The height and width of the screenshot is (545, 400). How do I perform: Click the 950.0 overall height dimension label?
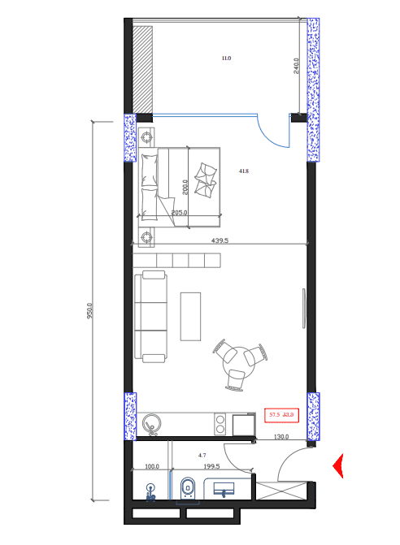click(90, 310)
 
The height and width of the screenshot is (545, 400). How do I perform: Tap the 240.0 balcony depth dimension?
click(297, 66)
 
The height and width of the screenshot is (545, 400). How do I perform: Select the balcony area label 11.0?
click(226, 58)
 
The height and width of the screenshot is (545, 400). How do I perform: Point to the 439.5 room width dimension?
click(220, 240)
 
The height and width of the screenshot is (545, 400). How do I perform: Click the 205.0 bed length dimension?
click(180, 213)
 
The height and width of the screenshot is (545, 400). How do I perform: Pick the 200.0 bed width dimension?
click(185, 187)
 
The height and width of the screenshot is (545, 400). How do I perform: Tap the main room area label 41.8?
click(243, 171)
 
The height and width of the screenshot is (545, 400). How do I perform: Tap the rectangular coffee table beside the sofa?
click(190, 316)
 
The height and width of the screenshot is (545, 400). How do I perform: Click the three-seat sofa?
click(151, 317)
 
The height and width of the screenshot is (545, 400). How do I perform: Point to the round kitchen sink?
click(152, 423)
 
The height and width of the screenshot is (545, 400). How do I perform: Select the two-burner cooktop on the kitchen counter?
click(220, 423)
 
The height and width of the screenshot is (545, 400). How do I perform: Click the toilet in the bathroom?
click(187, 488)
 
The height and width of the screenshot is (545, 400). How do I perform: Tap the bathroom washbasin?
click(223, 489)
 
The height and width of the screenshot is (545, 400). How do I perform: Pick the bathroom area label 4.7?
click(203, 456)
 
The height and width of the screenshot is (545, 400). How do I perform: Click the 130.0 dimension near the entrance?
click(281, 437)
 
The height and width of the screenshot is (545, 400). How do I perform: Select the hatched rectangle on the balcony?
click(143, 70)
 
